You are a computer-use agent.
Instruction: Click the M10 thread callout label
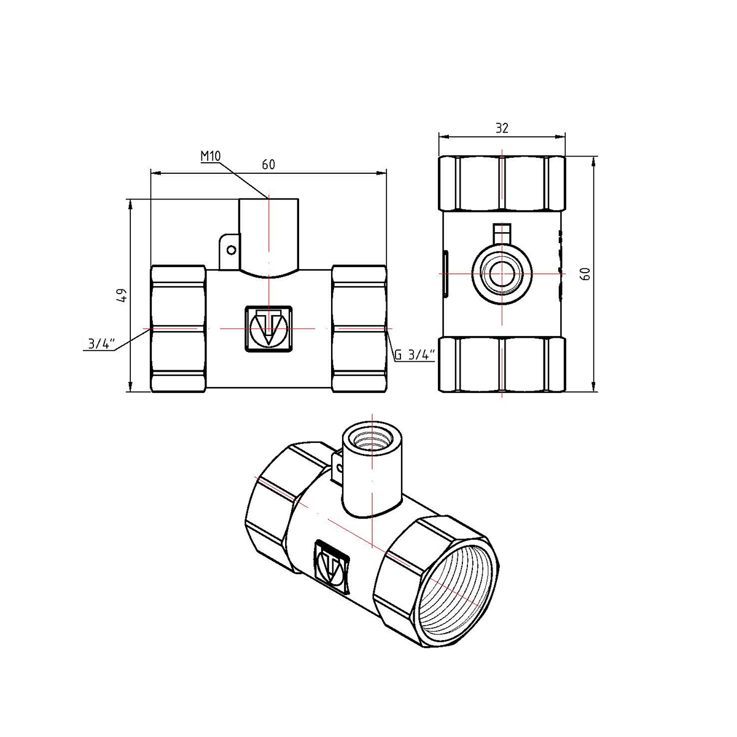[x=211, y=156]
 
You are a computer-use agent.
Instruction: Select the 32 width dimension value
[x=502, y=128]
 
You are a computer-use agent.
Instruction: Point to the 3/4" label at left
[x=102, y=344]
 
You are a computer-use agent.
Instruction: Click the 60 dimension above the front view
[x=268, y=165]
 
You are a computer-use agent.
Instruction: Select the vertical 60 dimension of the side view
[x=585, y=274]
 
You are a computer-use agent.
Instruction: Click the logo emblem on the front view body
[x=268, y=329]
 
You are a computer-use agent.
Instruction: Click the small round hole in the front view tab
[x=231, y=250]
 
